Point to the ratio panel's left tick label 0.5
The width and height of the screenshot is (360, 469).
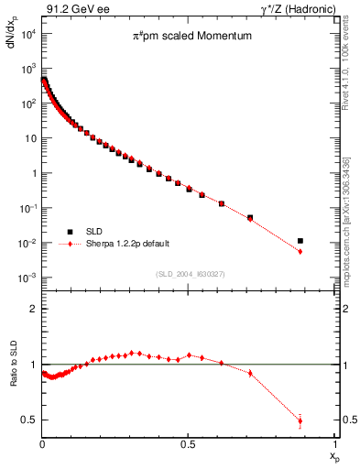(x=30, y=420)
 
